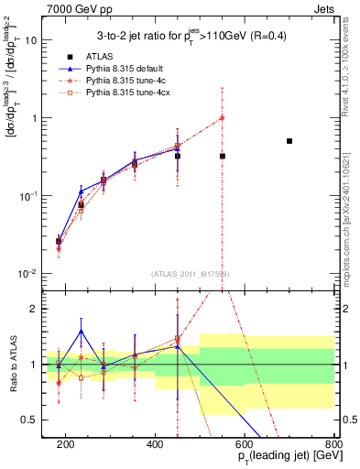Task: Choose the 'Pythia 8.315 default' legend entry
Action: coord(119,69)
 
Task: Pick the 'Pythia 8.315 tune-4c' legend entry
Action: coord(119,82)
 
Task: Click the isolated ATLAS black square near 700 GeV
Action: coord(289,141)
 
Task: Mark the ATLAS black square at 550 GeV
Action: coord(223,157)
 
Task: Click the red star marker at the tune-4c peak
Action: coord(223,117)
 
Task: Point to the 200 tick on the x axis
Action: coord(66,443)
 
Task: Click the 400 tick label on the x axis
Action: coord(155,443)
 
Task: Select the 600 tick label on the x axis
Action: coord(245,443)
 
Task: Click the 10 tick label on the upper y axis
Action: coord(37,40)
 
